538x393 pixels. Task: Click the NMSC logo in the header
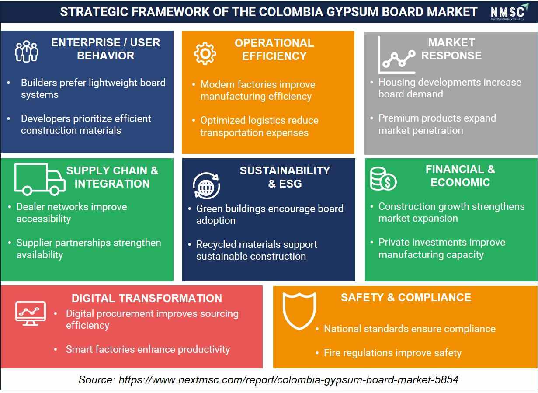[510, 12]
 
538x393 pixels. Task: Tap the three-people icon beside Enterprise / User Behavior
[26, 51]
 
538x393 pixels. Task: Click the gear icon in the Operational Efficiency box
[205, 54]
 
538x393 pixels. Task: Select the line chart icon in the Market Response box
[396, 55]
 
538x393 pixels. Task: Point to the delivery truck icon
[40, 179]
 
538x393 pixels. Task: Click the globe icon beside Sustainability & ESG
[206, 186]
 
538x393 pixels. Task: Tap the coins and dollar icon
[383, 179]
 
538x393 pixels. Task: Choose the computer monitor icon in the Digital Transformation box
[31, 313]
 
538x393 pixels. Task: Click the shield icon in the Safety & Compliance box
[299, 311]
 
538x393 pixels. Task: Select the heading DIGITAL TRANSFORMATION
[147, 298]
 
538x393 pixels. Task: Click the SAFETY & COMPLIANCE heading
[406, 297]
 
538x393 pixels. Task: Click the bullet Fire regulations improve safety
[392, 353]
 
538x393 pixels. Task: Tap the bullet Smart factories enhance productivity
[148, 349]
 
